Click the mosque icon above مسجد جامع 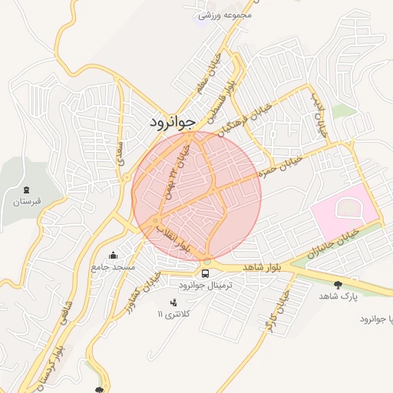pyautogui.click(x=114, y=255)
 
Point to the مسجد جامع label pyautogui.click(x=113, y=267)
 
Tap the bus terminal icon pyautogui.click(x=205, y=272)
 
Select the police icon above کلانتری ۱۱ pyautogui.click(x=173, y=302)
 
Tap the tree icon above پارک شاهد pyautogui.click(x=338, y=284)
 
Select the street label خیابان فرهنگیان pyautogui.click(x=243, y=117)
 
